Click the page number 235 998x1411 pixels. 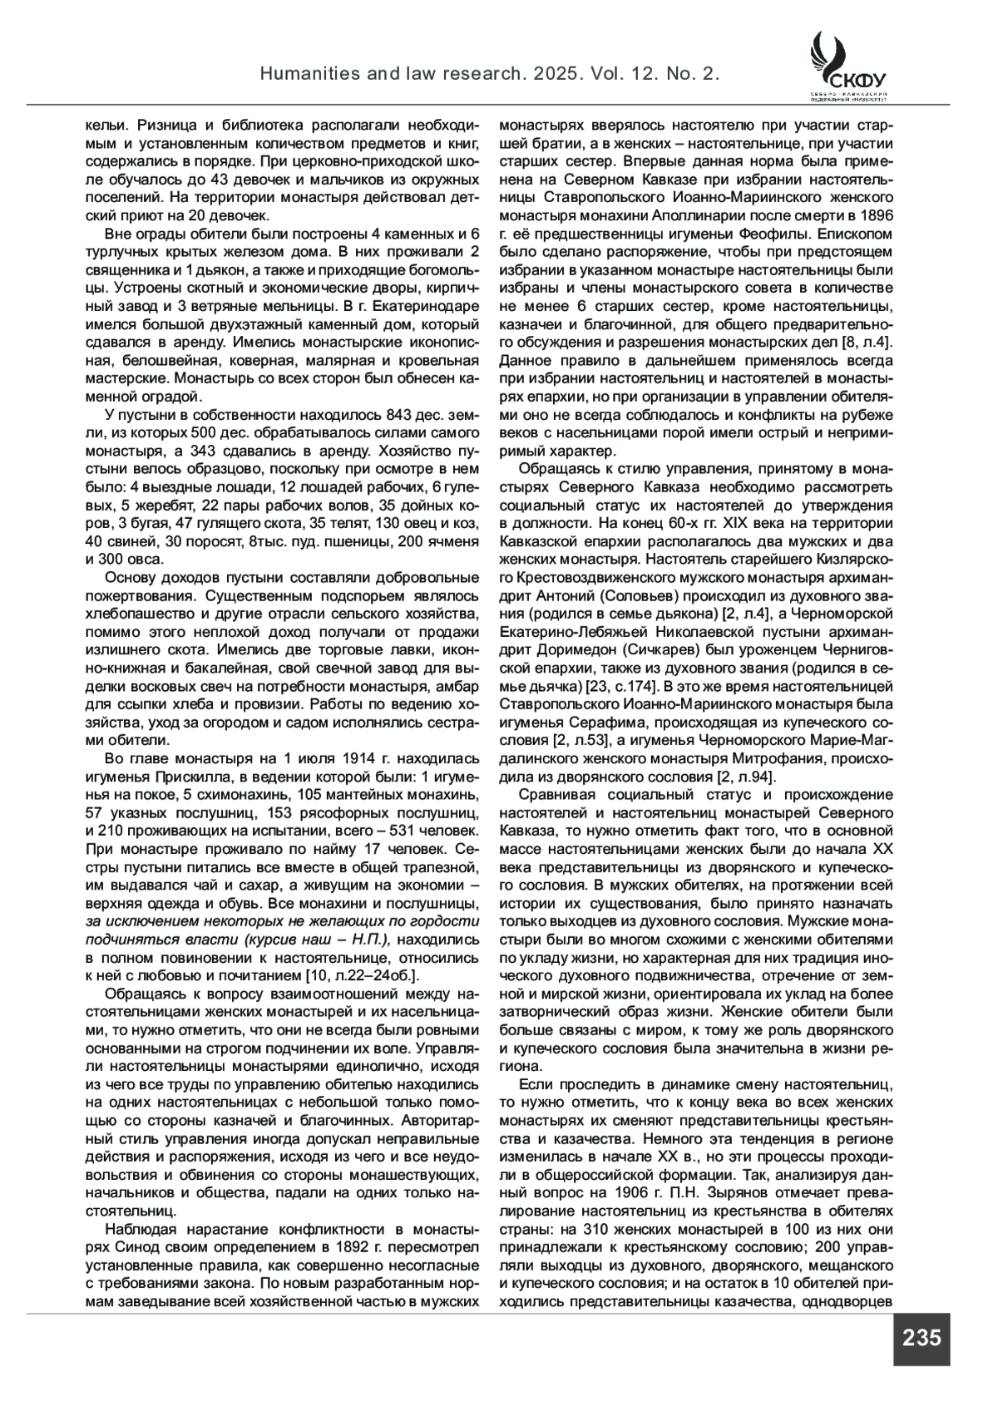tap(921, 1338)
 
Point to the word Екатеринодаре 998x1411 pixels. tap(431, 305)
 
